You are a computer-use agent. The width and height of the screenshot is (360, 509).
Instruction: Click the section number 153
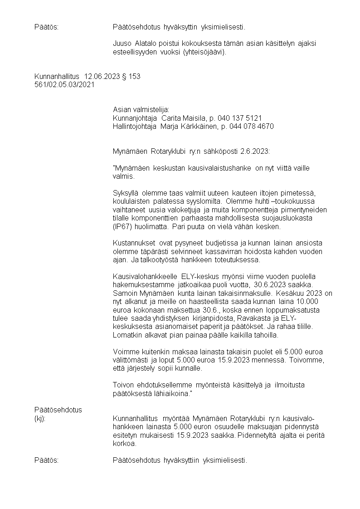(135, 77)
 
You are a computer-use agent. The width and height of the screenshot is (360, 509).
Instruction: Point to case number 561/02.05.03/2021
(64, 85)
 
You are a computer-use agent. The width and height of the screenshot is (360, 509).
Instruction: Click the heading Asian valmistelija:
(141, 110)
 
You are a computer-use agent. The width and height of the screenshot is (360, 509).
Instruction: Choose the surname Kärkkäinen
(200, 127)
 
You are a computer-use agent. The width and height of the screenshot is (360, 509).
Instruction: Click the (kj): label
(40, 418)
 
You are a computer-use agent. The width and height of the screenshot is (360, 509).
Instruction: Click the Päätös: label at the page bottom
(47, 461)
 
